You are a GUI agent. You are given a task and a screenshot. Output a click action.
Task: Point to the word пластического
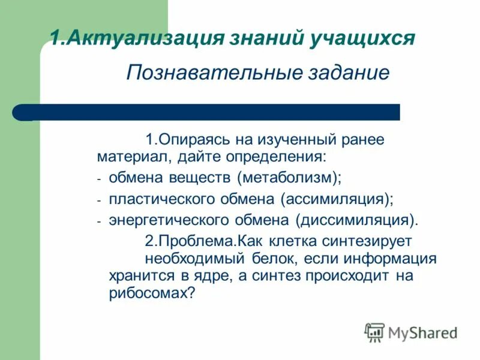151,199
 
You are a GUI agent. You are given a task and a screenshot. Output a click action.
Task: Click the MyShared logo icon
374,332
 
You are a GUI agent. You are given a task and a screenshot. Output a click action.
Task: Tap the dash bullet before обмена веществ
100,179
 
